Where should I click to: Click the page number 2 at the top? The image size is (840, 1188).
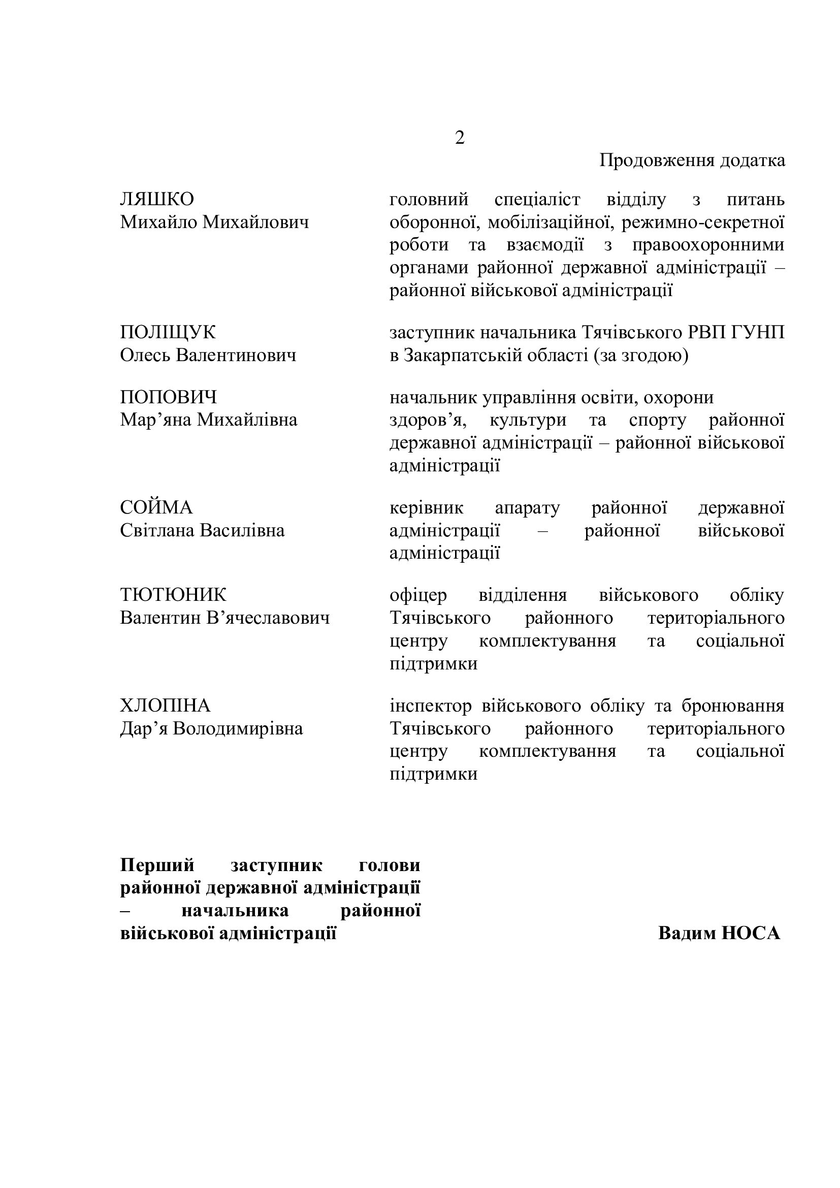459,138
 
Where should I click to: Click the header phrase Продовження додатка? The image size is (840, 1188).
692,160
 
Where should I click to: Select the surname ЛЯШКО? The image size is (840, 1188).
157,199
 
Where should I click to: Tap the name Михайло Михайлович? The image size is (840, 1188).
215,222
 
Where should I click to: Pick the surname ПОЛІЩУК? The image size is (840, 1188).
168,332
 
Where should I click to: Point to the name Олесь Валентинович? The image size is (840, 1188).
208,356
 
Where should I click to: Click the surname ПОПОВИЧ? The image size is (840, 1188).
169,397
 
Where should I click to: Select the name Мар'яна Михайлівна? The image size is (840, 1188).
209,420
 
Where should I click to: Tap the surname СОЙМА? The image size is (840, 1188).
156,507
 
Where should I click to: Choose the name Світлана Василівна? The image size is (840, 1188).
202,530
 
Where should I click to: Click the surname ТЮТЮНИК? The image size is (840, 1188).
173,595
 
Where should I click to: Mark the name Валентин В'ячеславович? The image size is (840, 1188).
225,618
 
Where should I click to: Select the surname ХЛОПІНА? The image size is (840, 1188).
166,706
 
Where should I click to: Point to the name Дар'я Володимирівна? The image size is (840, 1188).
212,728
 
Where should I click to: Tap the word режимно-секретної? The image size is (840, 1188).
703,222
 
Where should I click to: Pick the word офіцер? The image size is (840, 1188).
418,596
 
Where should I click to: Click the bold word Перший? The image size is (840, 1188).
157,864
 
